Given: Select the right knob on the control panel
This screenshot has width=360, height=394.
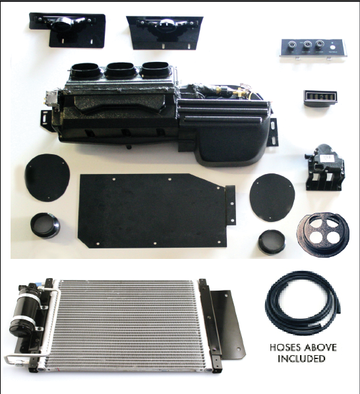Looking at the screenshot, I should pyautogui.click(x=320, y=45).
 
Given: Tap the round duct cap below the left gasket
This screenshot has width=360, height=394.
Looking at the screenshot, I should pyautogui.click(x=46, y=226).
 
